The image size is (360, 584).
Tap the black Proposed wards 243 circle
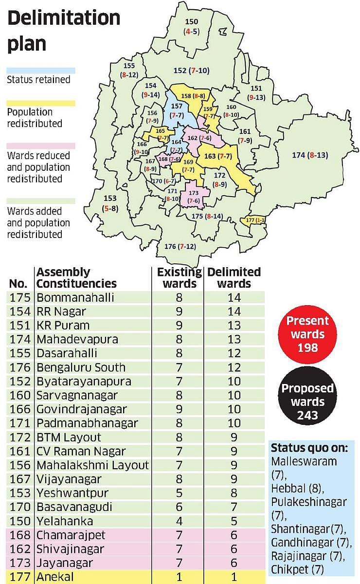(307, 401)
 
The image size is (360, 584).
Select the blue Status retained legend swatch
(41, 70)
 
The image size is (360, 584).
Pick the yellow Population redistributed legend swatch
(41, 103)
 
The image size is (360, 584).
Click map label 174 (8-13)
(309, 155)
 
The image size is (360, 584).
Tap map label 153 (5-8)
(110, 204)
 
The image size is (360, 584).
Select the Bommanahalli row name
(75, 297)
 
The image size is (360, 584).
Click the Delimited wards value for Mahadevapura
(234, 339)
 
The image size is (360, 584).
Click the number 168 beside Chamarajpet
(19, 535)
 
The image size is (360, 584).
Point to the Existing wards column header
(177, 277)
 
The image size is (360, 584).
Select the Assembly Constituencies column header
(76, 277)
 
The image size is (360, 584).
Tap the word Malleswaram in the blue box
(304, 460)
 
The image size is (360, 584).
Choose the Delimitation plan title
(63, 30)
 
